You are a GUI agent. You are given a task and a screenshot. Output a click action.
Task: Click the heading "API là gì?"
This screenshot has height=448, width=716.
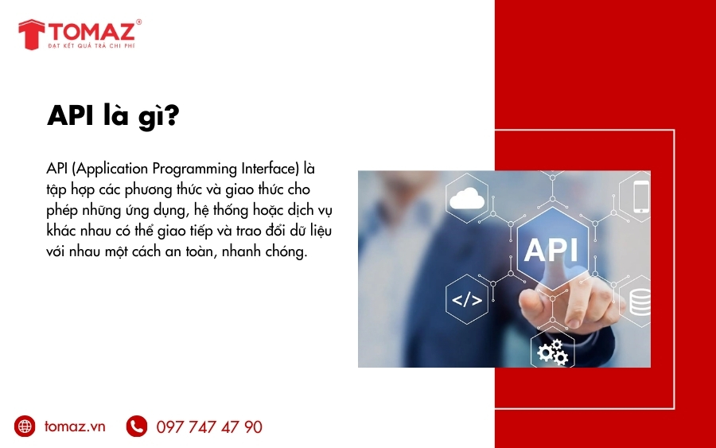click(113, 117)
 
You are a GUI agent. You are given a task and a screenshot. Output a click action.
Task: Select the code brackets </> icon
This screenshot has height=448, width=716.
click(467, 300)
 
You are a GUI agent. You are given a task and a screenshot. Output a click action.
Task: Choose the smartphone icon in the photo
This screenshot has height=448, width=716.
click(641, 197)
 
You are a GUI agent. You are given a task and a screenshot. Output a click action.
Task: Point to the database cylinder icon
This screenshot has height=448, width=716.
click(640, 301)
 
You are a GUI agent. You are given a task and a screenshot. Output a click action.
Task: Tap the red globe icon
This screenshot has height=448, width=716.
click(25, 427)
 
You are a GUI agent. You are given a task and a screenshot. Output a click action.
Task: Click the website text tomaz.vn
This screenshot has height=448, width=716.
click(75, 427)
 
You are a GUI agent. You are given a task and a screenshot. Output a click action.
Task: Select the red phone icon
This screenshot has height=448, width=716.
click(137, 427)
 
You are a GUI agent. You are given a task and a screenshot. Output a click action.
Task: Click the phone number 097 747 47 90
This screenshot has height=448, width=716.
click(209, 427)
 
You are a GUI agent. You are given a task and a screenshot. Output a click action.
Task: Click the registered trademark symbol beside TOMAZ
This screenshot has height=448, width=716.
click(139, 22)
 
